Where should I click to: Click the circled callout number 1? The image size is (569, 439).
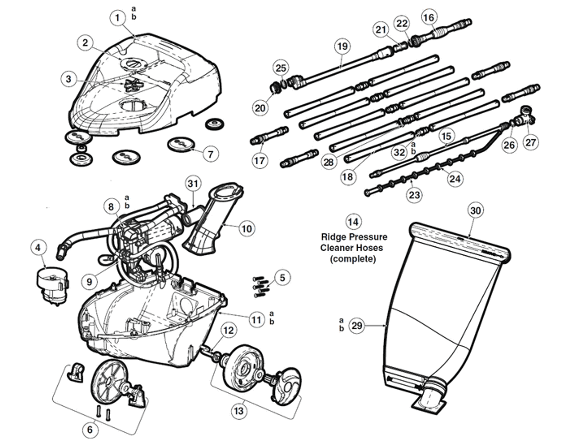point(117,18)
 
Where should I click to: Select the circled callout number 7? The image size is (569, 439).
point(210,154)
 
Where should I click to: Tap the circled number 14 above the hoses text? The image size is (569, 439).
point(353,221)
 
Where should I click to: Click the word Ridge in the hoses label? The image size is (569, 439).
point(333,237)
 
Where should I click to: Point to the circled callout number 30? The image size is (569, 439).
point(476,211)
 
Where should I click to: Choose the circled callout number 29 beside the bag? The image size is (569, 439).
point(357,326)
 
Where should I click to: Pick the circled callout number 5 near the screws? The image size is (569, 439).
point(282,277)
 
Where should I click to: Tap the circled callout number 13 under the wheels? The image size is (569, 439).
point(239,411)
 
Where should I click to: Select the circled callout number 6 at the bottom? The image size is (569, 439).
point(90,430)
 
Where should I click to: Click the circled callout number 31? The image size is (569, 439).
point(193,183)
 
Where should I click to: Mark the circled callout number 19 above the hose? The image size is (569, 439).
point(342,46)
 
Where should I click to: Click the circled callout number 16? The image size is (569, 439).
point(429,17)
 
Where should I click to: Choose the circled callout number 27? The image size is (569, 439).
point(531,142)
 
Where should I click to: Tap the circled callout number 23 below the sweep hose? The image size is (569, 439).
point(414,195)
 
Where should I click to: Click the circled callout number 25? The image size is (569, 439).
point(281,68)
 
